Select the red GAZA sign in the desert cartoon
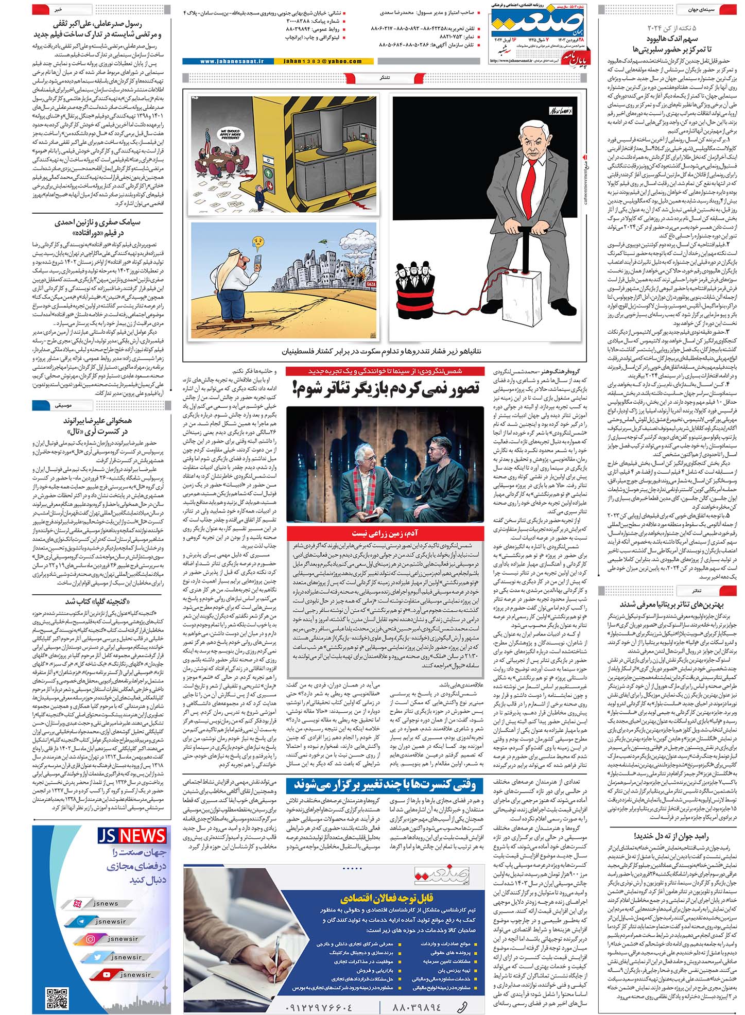(x=371, y=284)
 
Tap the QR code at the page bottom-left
(x=56, y=998)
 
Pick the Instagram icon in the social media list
(x=91, y=939)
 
